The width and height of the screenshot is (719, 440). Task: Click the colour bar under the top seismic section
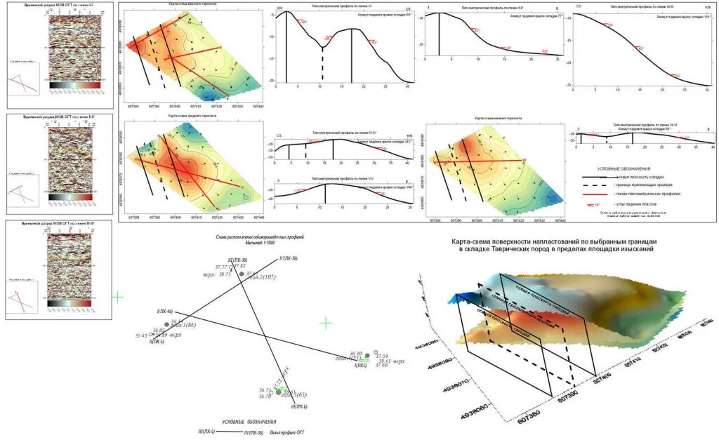pyautogui.click(x=70, y=85)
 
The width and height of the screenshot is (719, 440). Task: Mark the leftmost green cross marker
pyautogui.click(x=117, y=297)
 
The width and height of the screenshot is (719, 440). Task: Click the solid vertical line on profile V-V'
pyautogui.click(x=324, y=195)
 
